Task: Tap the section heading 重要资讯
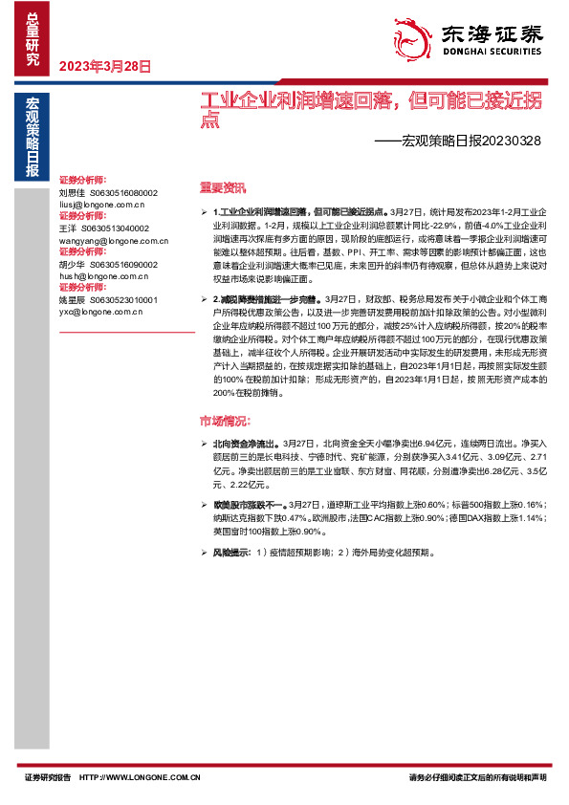[222, 187]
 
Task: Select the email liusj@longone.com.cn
[101, 205]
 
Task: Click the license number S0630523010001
[118, 300]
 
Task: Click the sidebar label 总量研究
[33, 39]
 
